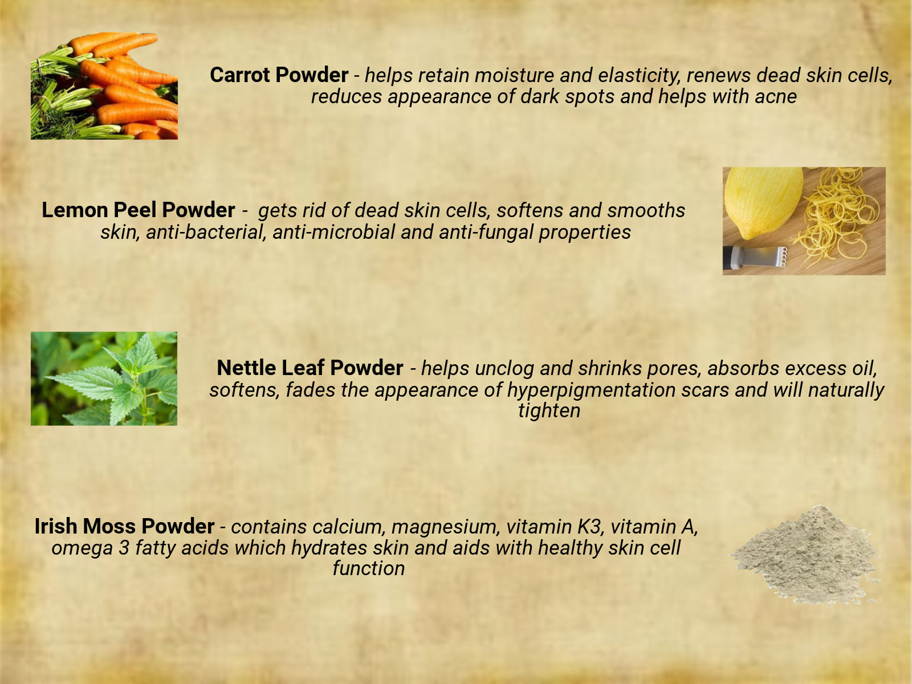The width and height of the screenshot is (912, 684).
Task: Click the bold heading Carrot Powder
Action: [x=279, y=75]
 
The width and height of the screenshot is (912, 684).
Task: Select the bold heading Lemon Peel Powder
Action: [x=139, y=210]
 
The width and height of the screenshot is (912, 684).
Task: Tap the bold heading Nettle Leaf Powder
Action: [x=310, y=368]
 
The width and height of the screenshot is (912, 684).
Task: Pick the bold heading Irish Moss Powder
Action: [x=125, y=526]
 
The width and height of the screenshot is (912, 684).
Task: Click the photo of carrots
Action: [x=104, y=86]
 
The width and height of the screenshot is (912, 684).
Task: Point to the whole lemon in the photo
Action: [x=763, y=203]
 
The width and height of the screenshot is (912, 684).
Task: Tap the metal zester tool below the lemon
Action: [x=755, y=257]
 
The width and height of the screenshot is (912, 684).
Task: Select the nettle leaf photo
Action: [x=104, y=378]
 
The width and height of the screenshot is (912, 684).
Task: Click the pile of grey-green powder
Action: [x=806, y=555]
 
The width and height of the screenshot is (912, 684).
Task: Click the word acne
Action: [x=776, y=97]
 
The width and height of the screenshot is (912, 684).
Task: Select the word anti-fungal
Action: [x=486, y=232]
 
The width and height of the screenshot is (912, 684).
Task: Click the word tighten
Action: [x=549, y=411]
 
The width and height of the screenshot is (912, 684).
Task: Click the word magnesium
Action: [x=444, y=527]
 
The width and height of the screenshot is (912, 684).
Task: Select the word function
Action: [x=369, y=568]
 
